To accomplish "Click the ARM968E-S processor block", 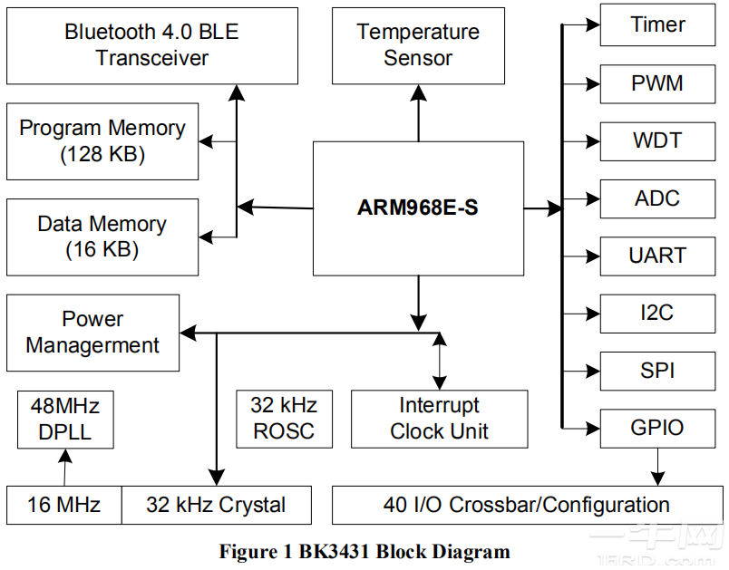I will (418, 208).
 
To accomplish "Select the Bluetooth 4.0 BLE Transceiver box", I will (152, 45).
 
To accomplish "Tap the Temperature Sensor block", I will (418, 45).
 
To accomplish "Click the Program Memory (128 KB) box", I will (102, 141).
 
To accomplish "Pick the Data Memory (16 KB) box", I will (102, 237).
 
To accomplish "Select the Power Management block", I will (92, 333).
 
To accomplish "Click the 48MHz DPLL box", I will (65, 418).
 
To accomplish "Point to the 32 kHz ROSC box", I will (283, 418).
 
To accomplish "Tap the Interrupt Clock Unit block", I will (439, 419).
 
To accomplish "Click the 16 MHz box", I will (63, 505).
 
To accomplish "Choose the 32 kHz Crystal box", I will (216, 505).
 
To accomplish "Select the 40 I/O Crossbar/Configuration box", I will (526, 505).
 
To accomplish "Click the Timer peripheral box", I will (657, 25).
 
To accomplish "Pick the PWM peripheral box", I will (657, 83).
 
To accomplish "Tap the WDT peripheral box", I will (657, 140).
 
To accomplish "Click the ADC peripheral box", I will (657, 198).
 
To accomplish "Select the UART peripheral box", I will (657, 256).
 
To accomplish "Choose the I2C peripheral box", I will (657, 314).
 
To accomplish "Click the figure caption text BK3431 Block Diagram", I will (364, 551).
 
